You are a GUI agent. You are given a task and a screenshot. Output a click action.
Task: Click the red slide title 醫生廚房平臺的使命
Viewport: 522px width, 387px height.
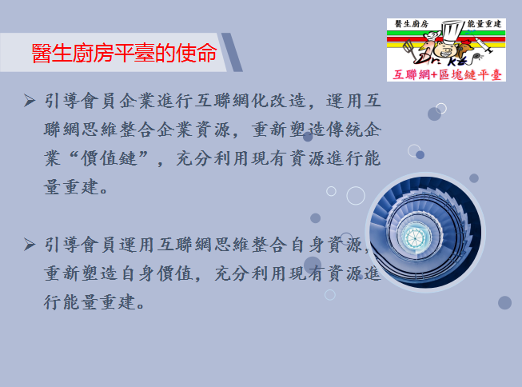click(124, 53)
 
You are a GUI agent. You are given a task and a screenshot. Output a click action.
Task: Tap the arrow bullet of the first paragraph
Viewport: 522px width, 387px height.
click(30, 101)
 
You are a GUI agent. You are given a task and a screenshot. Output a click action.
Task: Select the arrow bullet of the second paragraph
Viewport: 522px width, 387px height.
click(30, 245)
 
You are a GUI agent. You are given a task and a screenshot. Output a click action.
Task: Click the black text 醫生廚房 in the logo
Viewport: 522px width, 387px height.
click(412, 24)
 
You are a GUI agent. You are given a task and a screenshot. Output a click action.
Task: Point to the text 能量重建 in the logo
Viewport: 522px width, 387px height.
click(484, 24)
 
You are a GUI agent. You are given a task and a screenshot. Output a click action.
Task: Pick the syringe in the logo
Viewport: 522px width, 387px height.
click(482, 43)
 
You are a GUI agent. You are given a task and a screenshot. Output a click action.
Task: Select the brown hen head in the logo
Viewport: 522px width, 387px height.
click(465, 48)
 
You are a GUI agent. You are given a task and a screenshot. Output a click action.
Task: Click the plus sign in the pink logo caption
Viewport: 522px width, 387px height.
click(434, 75)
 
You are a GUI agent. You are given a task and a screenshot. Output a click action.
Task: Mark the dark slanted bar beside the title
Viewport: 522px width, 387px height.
click(232, 52)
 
